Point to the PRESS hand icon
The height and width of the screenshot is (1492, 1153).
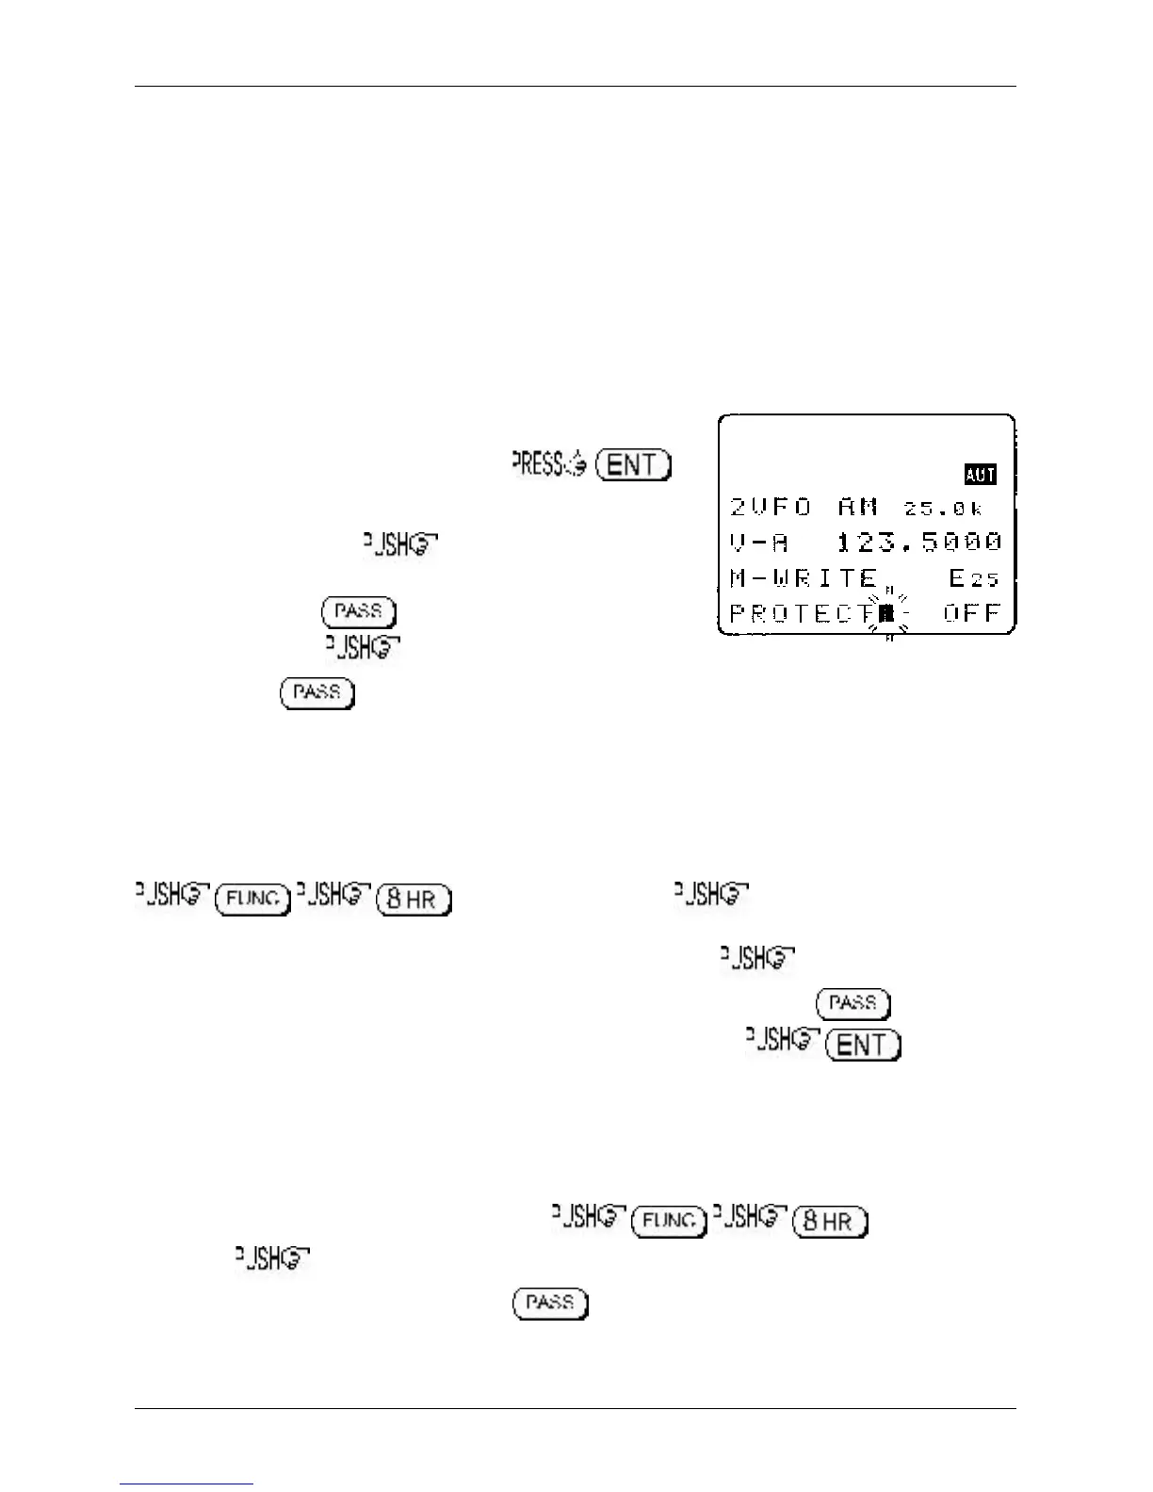click(549, 464)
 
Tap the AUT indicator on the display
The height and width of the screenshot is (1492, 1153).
click(980, 474)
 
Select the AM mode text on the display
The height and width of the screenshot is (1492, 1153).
click(858, 507)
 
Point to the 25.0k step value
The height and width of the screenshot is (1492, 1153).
click(944, 509)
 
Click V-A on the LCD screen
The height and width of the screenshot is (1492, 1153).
click(759, 543)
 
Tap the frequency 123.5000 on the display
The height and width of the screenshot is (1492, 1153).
click(918, 543)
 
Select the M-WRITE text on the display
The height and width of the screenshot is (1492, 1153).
click(804, 577)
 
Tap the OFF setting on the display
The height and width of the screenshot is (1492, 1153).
click(971, 613)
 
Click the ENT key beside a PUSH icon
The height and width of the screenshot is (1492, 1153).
click(863, 1045)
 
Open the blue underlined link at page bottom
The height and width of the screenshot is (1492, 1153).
click(187, 1484)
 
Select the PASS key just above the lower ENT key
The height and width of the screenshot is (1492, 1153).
click(853, 1003)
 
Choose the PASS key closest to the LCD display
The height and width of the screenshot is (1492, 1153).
click(358, 612)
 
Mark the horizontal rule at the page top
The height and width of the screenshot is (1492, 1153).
click(575, 87)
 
